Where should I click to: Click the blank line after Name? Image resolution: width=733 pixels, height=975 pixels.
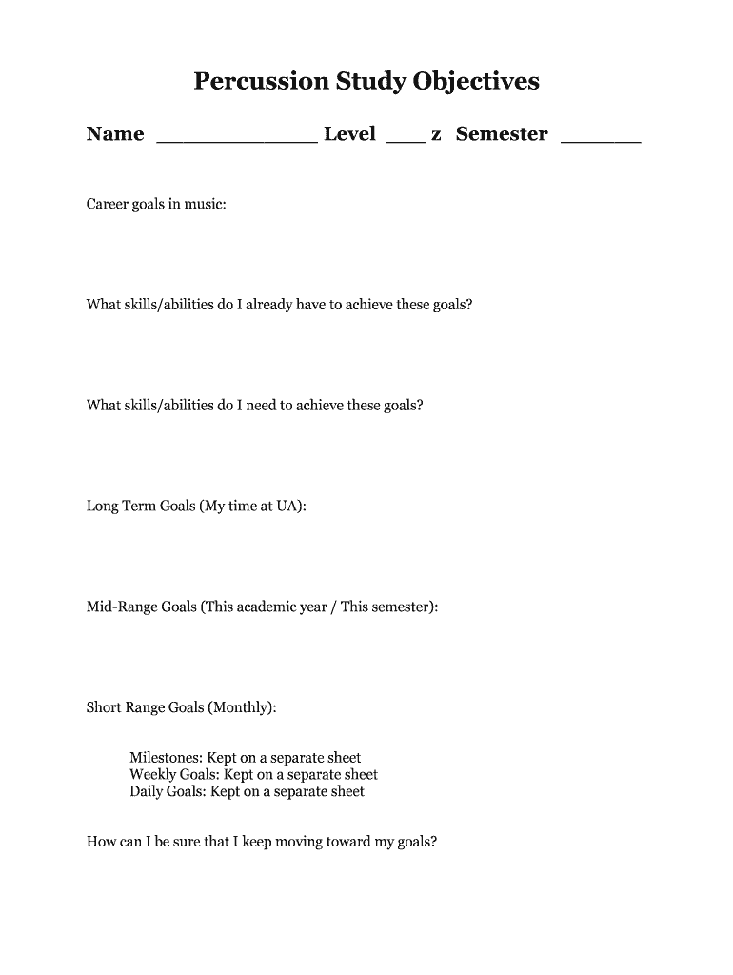point(236,139)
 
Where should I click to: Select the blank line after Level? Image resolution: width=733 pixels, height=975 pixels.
point(406,139)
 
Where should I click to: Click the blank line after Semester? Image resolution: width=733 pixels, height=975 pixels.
point(601,139)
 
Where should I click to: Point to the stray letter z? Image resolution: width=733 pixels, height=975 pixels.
point(436,135)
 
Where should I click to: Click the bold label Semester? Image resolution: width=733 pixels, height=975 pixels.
point(502,134)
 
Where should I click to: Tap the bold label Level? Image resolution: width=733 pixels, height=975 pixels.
point(349,134)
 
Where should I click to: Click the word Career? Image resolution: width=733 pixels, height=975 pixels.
point(108,204)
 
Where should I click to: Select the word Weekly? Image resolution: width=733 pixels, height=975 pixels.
point(151,775)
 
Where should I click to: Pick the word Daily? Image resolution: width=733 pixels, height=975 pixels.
point(146,791)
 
